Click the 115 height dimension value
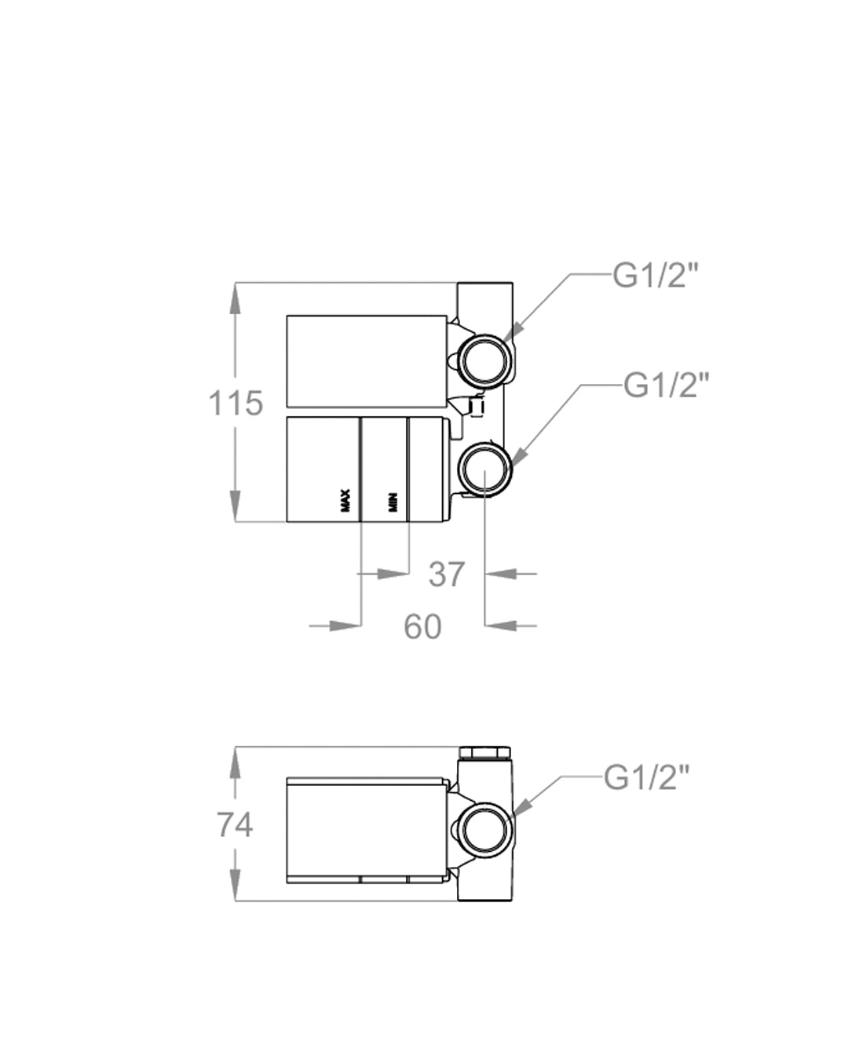[x=235, y=404]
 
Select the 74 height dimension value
[x=235, y=825]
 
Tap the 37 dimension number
[x=446, y=575]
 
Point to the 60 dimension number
[x=422, y=627]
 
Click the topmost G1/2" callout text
[x=656, y=276]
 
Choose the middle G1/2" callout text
[x=667, y=386]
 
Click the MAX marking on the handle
[x=345, y=500]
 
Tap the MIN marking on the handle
[x=393, y=502]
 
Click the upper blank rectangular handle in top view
[x=367, y=361]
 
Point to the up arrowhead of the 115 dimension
[x=235, y=298]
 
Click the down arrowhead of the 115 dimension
[x=235, y=506]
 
